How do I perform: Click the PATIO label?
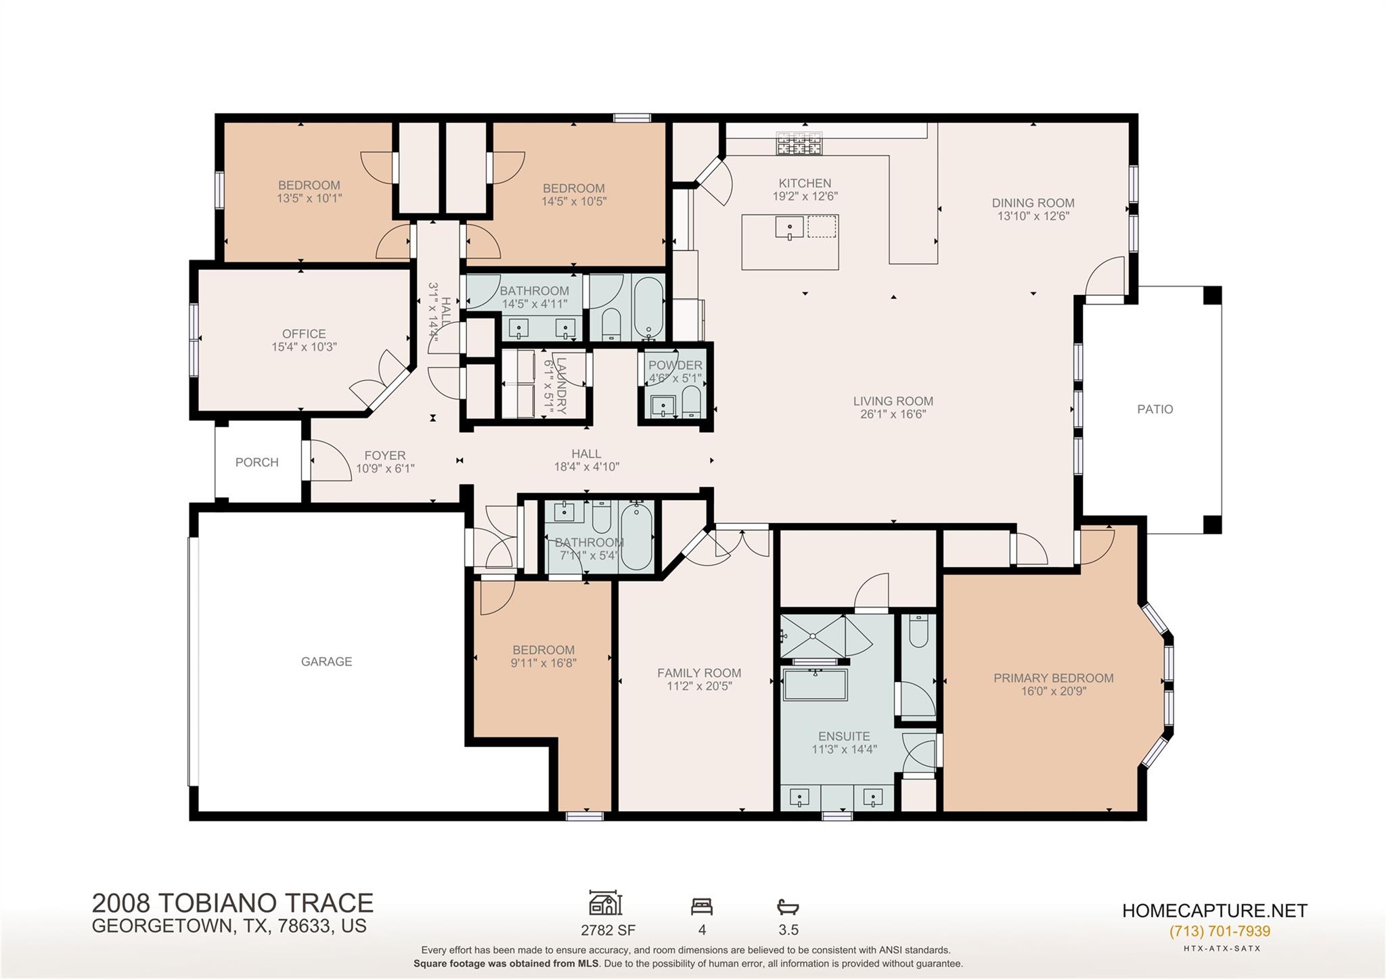pos(1155,409)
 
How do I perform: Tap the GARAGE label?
pos(326,662)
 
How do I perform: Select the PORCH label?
pos(256,463)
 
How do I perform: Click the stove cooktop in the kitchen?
pos(799,143)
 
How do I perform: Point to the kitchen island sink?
pos(789,227)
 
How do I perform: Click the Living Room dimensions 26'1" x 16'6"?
pos(893,414)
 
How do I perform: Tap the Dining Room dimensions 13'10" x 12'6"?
pos(1033,217)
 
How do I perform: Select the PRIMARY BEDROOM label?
pos(1053,678)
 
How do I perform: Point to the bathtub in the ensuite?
pos(815,685)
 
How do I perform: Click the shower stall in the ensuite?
pos(812,635)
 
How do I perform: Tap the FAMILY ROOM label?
pos(699,673)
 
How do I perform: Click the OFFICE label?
pos(304,334)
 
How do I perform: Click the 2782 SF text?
pos(608,930)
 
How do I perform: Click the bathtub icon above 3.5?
pos(788,906)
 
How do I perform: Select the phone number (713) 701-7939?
pos(1220,931)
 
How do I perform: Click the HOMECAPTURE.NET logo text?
pos(1214,911)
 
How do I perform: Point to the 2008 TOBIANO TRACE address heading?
pos(232,903)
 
